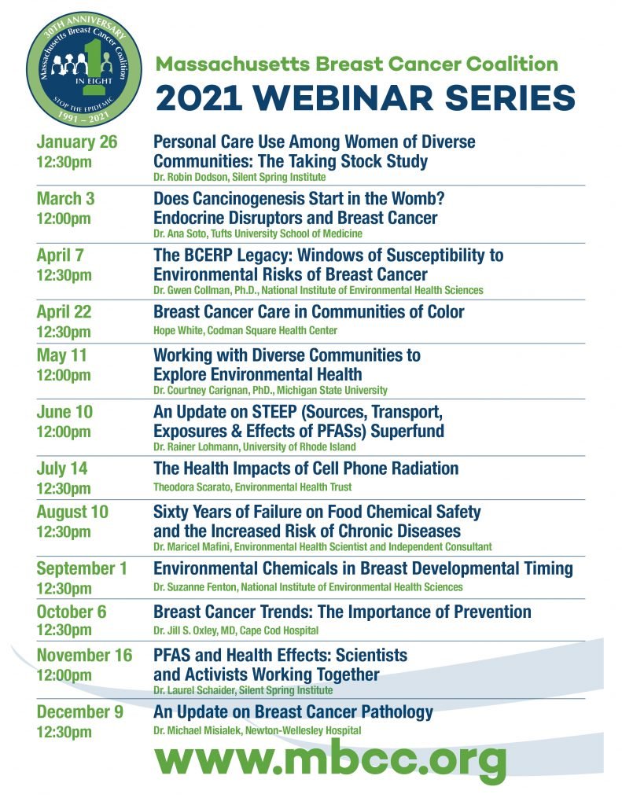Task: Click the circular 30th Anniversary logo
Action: click(83, 68)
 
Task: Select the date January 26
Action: click(77, 142)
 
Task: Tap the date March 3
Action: click(66, 199)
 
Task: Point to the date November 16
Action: click(84, 655)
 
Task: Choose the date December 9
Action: click(79, 711)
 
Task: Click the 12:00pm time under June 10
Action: click(64, 432)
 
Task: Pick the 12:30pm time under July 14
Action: click(64, 487)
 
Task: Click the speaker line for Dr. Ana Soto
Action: click(258, 233)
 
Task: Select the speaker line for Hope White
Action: click(245, 330)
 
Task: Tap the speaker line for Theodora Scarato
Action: click(252, 487)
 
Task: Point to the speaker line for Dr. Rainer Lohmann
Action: click(255, 447)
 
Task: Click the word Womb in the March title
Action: click(415, 199)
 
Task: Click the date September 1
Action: click(81, 569)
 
